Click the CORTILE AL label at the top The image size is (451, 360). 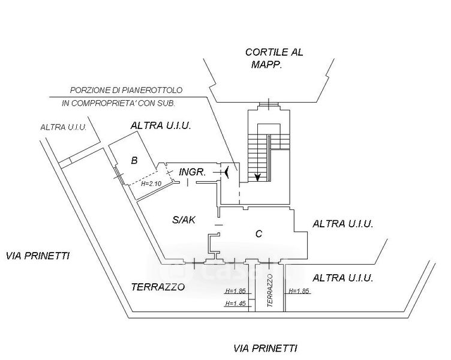pos(274,52)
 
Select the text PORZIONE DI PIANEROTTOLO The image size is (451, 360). pos(126,90)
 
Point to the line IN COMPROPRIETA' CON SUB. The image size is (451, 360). pos(118,103)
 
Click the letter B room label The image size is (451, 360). pos(134,160)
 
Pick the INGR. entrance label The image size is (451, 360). pos(193,172)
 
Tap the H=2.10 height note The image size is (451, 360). pos(152,184)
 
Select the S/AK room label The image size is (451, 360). pos(184,220)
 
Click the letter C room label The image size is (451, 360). pos(258,234)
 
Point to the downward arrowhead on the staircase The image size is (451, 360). pos(257,176)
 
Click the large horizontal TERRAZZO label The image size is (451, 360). pos(158,287)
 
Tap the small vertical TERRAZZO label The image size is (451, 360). pos(269,291)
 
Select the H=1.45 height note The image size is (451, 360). pos(236,304)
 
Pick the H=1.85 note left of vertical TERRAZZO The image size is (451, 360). pos(236,291)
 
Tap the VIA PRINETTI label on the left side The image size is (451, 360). pos(38,256)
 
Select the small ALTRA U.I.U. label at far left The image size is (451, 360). pos(64,127)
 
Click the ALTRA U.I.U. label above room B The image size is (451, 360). pos(161,126)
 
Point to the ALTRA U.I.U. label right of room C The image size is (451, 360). pos(343,224)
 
